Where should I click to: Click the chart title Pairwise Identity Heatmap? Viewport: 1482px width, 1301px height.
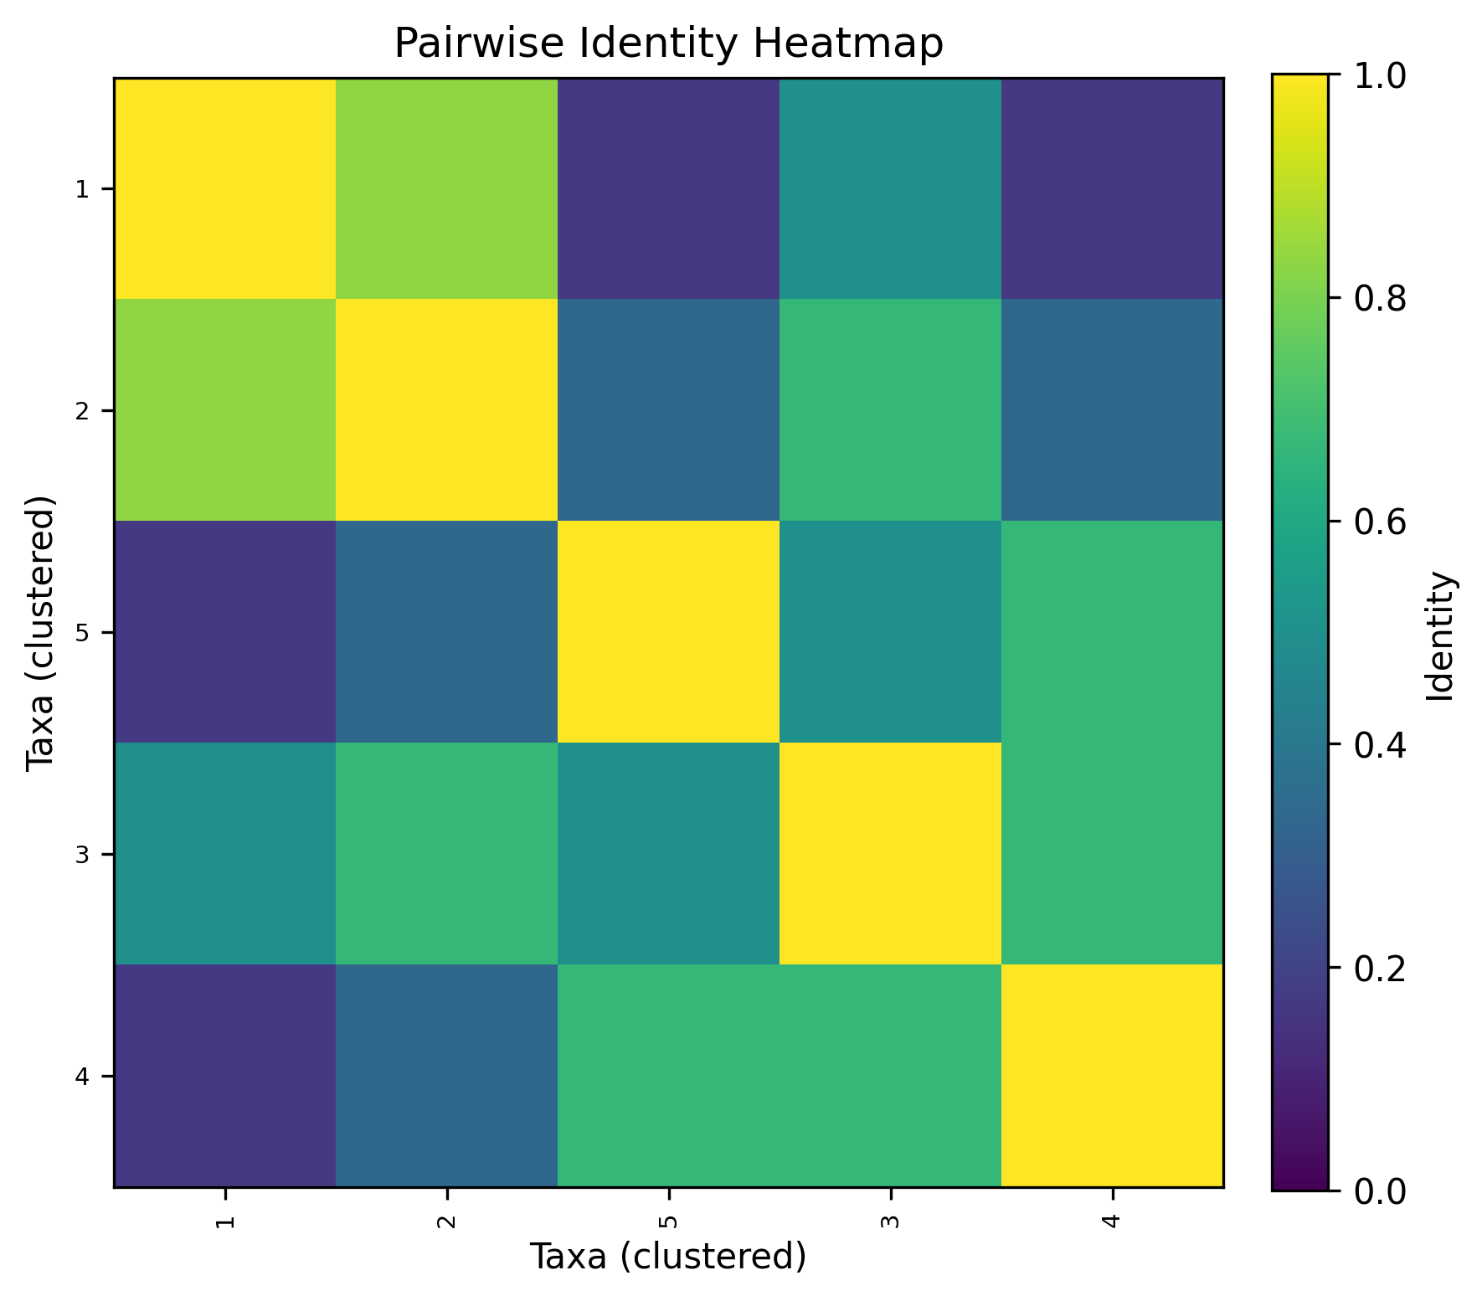click(x=668, y=44)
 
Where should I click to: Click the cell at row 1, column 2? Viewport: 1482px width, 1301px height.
click(x=446, y=188)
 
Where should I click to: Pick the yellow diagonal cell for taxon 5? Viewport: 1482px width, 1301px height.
click(x=668, y=632)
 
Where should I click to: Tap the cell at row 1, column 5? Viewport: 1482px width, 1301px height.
click(x=668, y=188)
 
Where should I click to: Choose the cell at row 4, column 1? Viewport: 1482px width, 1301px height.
click(x=224, y=1076)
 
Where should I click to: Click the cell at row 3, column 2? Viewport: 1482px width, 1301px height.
click(x=446, y=854)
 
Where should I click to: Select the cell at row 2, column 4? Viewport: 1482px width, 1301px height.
click(x=1112, y=410)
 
